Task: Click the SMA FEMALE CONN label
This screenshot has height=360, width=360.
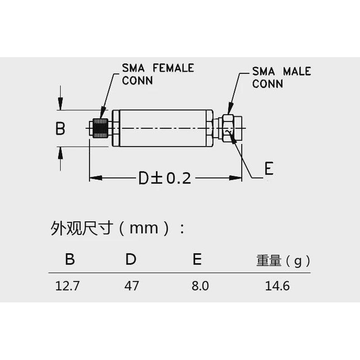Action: (157, 74)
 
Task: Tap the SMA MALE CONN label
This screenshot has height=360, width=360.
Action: (281, 77)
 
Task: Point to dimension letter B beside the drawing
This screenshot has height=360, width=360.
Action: (60, 129)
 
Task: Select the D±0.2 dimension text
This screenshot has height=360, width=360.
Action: (165, 178)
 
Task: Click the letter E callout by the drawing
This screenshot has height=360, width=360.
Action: (269, 168)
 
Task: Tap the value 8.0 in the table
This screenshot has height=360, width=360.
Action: (200, 286)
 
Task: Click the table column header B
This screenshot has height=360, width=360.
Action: (70, 260)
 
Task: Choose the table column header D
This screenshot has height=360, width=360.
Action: (130, 260)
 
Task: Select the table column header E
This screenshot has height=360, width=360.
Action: (197, 260)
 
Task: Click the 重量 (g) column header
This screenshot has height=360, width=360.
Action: (283, 261)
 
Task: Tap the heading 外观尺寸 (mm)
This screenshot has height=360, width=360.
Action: (117, 228)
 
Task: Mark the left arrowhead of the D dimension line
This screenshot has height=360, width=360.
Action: (94, 178)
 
